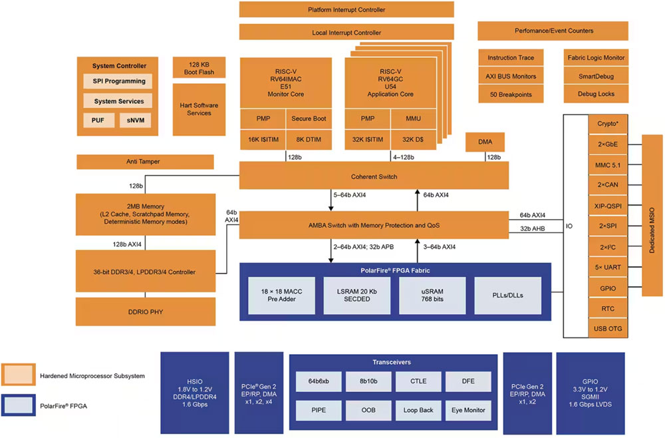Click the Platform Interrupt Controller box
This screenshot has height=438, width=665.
point(346,10)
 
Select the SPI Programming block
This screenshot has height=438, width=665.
point(118,81)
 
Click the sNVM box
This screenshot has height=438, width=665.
point(136,120)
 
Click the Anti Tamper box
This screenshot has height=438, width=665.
point(146,162)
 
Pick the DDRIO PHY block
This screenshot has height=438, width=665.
point(146,312)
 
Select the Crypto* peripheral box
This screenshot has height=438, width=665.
point(608,124)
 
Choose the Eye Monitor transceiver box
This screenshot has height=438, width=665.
point(467,410)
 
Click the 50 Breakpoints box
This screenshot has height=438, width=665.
point(510,95)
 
